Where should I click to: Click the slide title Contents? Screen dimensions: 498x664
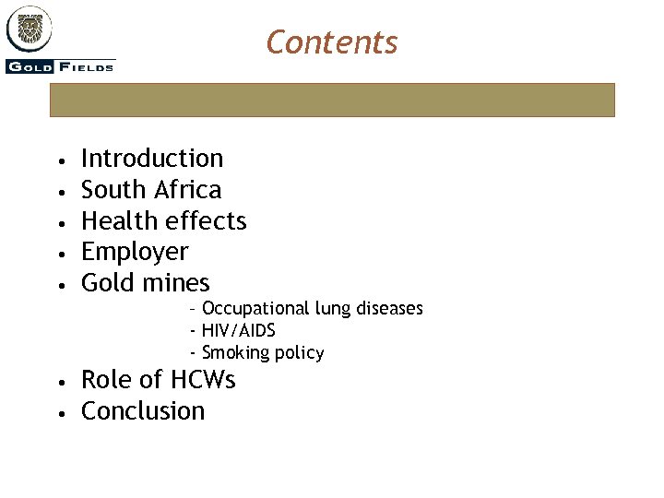coord(331,42)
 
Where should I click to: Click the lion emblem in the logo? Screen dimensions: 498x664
coord(30,29)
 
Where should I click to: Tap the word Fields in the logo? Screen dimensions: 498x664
coord(87,66)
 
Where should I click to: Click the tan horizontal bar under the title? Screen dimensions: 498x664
coord(331,100)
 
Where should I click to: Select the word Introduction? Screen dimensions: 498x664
coord(152,159)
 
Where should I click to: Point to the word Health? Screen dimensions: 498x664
coord(117,221)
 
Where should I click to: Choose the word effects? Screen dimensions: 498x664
coord(204,221)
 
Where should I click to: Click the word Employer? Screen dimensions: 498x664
coord(135,252)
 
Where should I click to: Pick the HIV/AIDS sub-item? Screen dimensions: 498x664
coord(238,330)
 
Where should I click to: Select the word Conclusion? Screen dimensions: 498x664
coord(143,411)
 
